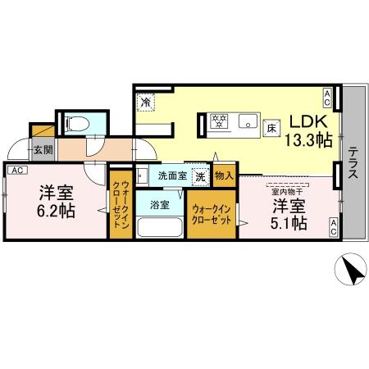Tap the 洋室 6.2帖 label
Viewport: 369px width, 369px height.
[x=57, y=202]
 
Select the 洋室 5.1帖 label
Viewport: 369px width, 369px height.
[x=290, y=212]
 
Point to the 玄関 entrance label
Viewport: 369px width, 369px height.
[x=43, y=149]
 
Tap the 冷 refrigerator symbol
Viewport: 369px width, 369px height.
[x=146, y=103]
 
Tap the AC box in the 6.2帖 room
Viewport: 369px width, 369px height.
[x=17, y=170]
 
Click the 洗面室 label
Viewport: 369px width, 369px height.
[x=173, y=175]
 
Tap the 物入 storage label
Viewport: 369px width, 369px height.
[x=225, y=175]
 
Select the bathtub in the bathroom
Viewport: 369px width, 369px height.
[x=160, y=226]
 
